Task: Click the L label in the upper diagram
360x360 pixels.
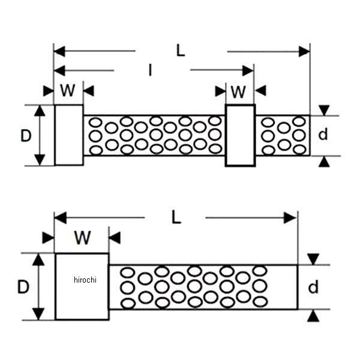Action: tap(181, 50)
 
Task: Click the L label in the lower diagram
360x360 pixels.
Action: tap(176, 217)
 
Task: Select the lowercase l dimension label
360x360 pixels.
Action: tap(150, 70)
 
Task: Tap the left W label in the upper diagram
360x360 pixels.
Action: tap(68, 91)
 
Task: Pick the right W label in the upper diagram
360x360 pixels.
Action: tap(239, 91)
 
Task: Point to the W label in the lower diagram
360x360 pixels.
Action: tap(82, 238)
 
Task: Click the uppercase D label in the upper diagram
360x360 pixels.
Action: tap(25, 136)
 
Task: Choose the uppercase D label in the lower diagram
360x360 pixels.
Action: tap(23, 287)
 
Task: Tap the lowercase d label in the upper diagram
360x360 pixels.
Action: tap(323, 135)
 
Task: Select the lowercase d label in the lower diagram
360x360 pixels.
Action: tap(313, 287)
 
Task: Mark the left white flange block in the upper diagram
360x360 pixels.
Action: tap(69, 135)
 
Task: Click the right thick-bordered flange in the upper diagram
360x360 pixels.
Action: tap(240, 136)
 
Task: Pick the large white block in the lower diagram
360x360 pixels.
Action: tap(82, 286)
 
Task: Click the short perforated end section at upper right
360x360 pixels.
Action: tap(283, 136)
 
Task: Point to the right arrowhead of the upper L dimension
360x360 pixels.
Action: tap(304, 52)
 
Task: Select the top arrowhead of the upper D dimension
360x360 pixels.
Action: tap(40, 110)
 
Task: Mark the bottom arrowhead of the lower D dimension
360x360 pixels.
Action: tap(38, 314)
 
